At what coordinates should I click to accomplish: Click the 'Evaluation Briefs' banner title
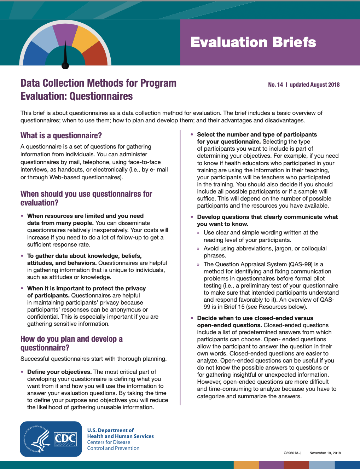[253, 42]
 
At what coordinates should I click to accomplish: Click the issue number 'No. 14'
[275, 85]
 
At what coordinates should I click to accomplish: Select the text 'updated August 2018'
[314, 85]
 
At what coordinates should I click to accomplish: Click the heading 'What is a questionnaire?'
[61, 135]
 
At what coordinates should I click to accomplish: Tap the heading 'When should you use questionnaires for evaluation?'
[86, 198]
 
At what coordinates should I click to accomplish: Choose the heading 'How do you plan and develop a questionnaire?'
[71, 343]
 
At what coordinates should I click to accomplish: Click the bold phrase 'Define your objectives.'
[59, 372]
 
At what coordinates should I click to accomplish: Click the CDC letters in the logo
[65, 439]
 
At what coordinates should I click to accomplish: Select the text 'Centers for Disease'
[109, 442]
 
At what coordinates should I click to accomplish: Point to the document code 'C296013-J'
[292, 453]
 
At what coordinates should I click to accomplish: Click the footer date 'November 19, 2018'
[325, 453]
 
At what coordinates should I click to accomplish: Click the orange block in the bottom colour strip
[246, 465]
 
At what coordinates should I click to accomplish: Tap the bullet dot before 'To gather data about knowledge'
[22, 256]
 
